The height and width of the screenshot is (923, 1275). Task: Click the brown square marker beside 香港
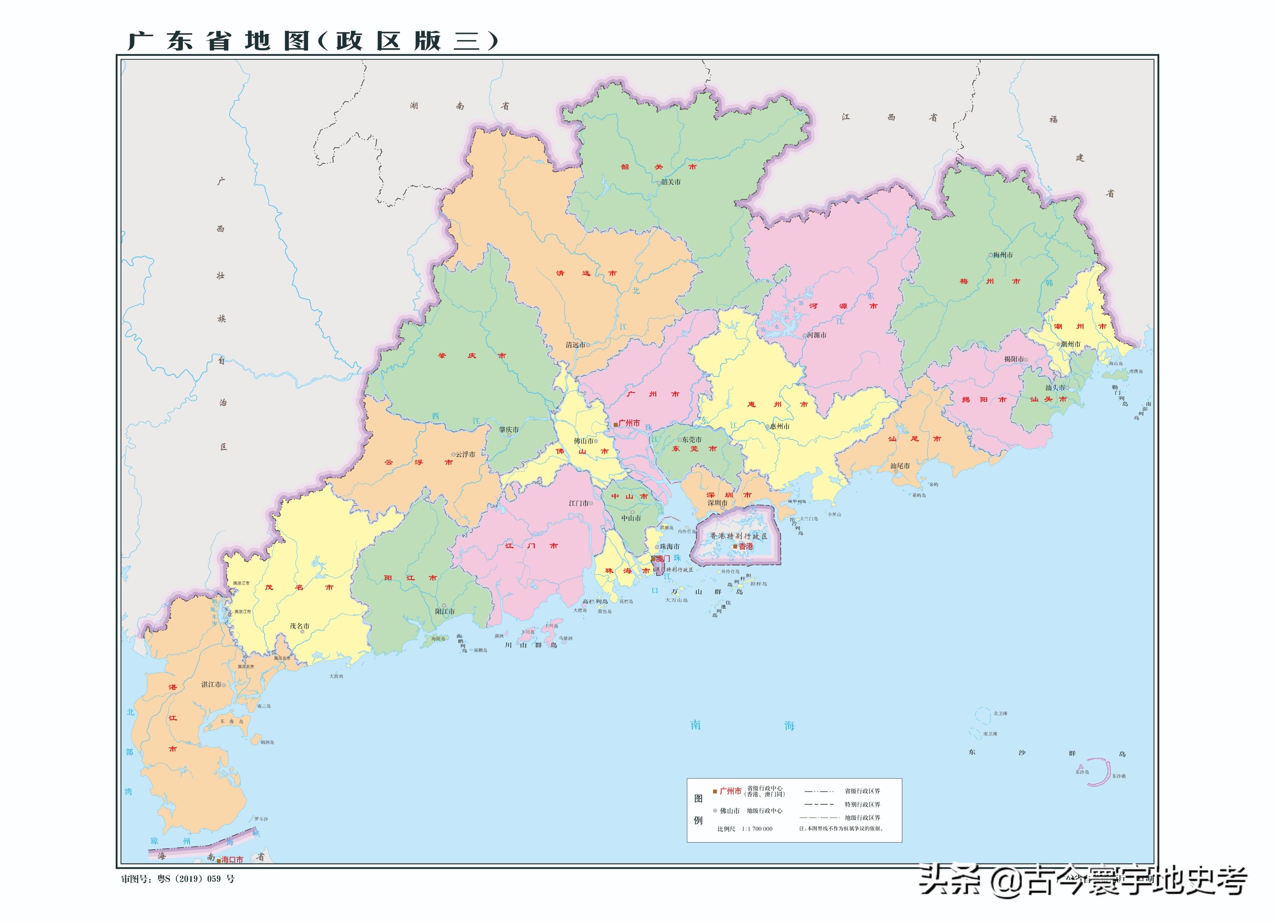(x=735, y=546)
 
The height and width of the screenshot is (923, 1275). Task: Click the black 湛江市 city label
(x=211, y=685)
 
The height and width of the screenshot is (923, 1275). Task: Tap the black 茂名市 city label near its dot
(x=299, y=626)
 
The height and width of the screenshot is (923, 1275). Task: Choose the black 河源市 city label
(x=817, y=335)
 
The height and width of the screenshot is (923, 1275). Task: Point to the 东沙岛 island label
(x=1082, y=772)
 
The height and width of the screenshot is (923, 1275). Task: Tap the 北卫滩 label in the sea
(x=1000, y=713)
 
